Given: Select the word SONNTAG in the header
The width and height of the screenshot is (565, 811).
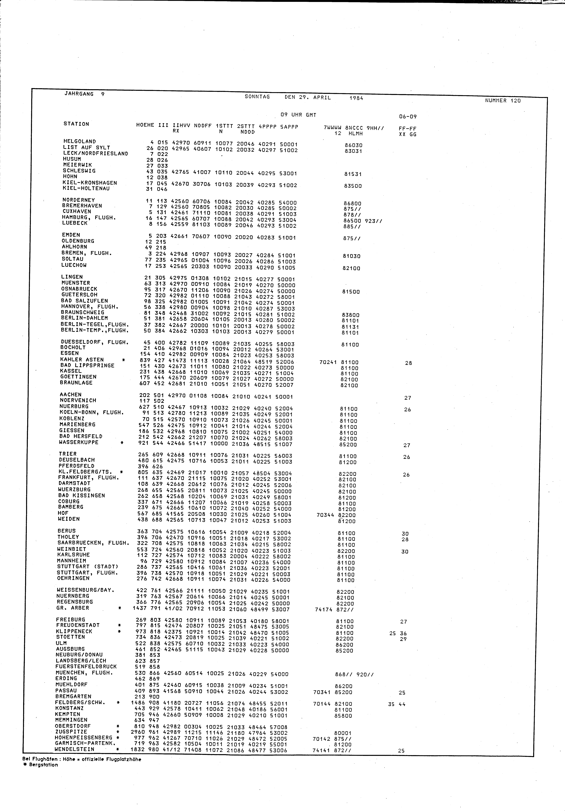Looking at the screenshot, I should (257, 96).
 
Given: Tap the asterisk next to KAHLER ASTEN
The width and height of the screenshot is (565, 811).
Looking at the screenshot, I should (123, 360).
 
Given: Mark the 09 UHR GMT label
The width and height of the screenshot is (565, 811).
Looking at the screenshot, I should (298, 115).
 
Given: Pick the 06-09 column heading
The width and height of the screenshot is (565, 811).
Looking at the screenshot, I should (408, 117).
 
